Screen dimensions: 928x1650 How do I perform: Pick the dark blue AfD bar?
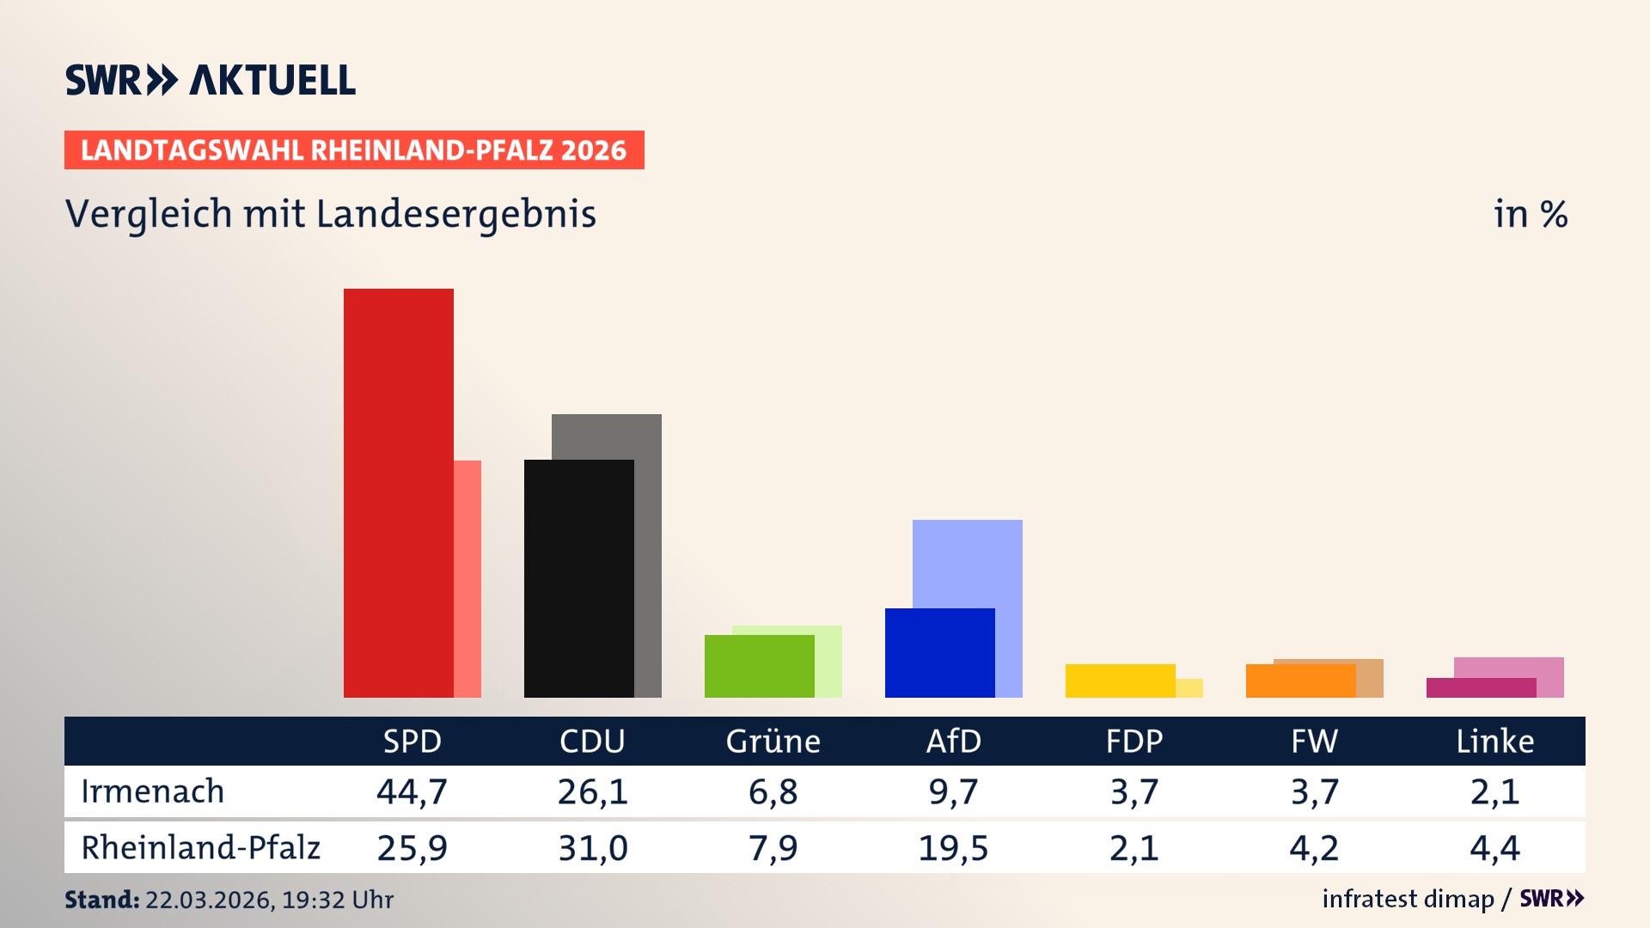click(939, 653)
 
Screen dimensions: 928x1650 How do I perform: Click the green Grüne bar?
click(759, 666)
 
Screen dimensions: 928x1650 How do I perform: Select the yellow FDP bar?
click(1120, 681)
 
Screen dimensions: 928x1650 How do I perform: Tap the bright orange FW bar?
click(1300, 681)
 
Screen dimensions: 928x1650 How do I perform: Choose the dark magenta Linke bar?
click(1481, 687)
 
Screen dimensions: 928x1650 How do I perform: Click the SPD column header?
click(412, 741)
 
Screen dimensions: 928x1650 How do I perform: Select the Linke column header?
click(1494, 741)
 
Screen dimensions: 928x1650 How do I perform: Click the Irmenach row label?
click(153, 791)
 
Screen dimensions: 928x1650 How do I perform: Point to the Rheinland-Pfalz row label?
click(200, 847)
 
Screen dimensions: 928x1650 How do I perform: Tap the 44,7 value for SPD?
click(412, 791)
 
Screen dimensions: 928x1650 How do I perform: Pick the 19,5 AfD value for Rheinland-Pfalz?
click(953, 848)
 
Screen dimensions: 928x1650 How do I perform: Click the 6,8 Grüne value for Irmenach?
click(773, 791)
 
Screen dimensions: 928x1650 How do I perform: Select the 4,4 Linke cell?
click(1494, 848)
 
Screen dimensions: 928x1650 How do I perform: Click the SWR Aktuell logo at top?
click(211, 80)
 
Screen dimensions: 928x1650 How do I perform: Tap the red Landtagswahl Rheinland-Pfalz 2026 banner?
click(354, 150)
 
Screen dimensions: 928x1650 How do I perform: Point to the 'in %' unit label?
click(1531, 214)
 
